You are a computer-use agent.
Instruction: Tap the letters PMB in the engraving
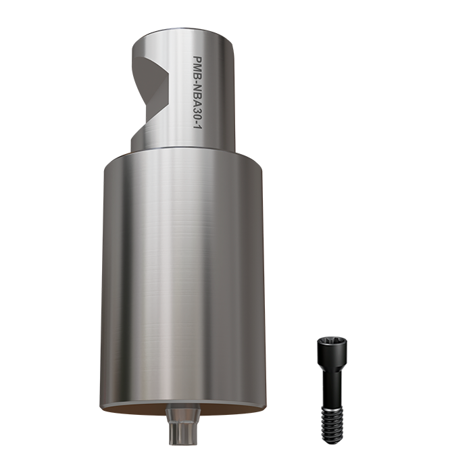[x=201, y=67]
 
